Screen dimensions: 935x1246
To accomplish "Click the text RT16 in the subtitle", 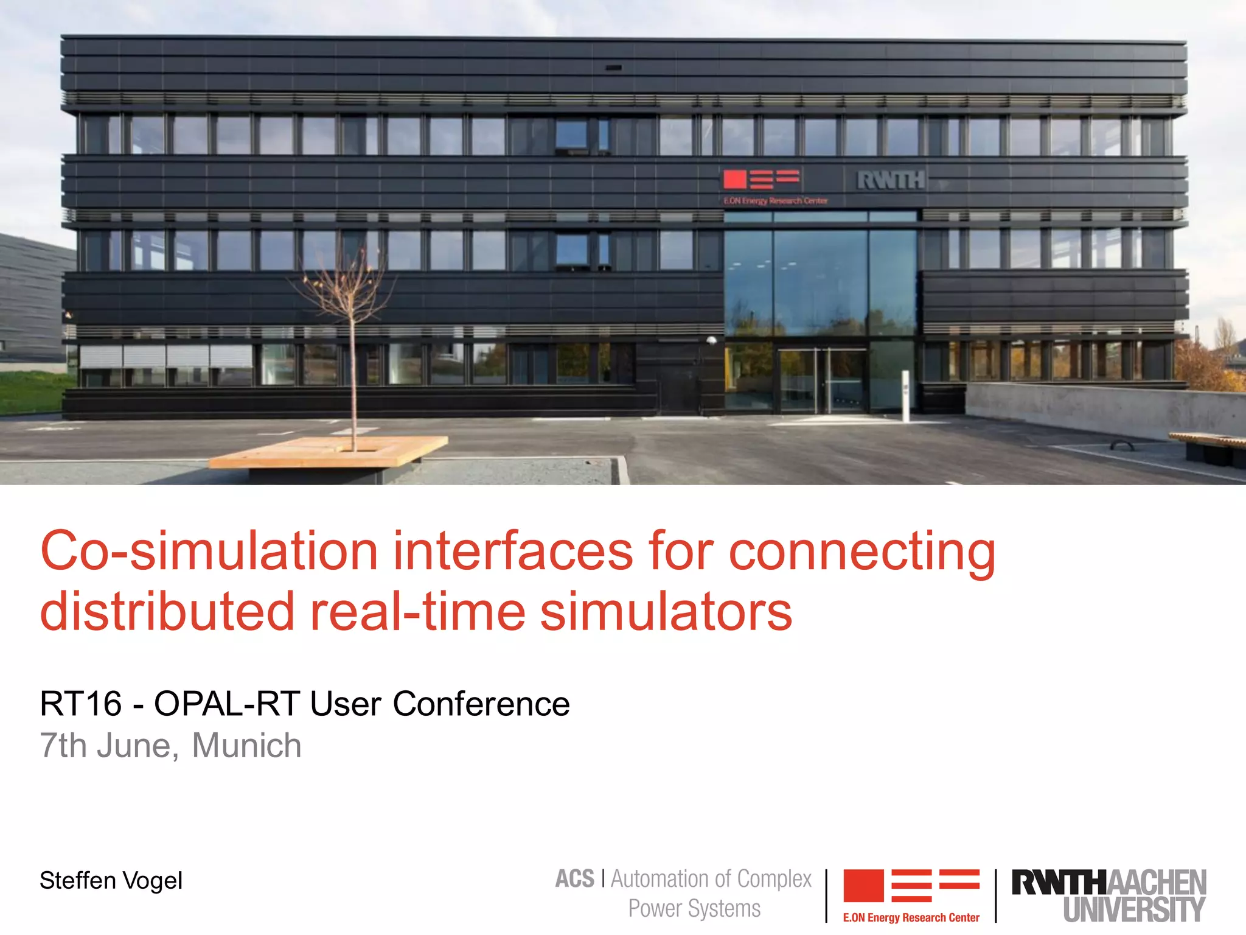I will point(81,704).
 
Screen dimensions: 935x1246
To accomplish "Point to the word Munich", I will point(246,746).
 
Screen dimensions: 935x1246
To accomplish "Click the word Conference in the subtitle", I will point(481,704).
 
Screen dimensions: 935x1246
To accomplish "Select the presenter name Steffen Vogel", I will point(111,881).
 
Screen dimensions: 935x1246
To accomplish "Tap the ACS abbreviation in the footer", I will point(574,879).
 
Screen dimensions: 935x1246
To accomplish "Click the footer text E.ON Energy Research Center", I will point(911,917).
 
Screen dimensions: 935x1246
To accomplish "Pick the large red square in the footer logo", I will point(863,886).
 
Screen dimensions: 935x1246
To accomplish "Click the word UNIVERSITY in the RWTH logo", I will point(1134,909).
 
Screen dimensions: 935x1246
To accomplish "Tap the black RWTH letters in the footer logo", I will point(1057,883).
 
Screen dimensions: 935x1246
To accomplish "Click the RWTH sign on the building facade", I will point(891,180).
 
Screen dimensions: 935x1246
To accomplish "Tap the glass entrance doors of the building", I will point(823,380).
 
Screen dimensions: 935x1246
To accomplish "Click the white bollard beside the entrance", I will point(905,396).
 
